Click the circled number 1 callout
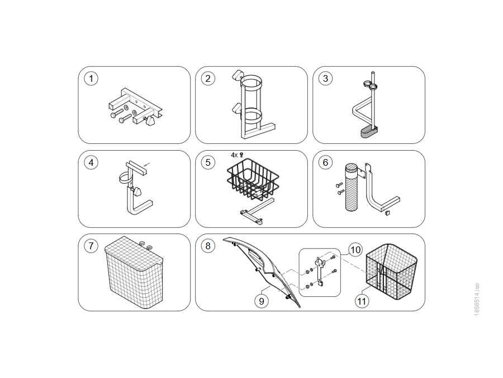point(91,79)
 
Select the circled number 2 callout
point(208,79)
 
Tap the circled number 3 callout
point(325,79)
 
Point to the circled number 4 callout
point(91,162)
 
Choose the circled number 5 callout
point(208,162)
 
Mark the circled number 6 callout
point(325,162)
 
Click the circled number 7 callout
point(91,246)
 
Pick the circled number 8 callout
point(208,246)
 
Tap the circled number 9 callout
point(262,301)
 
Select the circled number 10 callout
point(355,250)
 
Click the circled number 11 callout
point(362,301)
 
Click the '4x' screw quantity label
point(234,155)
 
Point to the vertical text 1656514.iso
point(477,300)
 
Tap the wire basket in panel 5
point(253,179)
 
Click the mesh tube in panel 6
point(353,188)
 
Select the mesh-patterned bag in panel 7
point(134,270)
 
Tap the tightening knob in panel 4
point(137,192)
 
